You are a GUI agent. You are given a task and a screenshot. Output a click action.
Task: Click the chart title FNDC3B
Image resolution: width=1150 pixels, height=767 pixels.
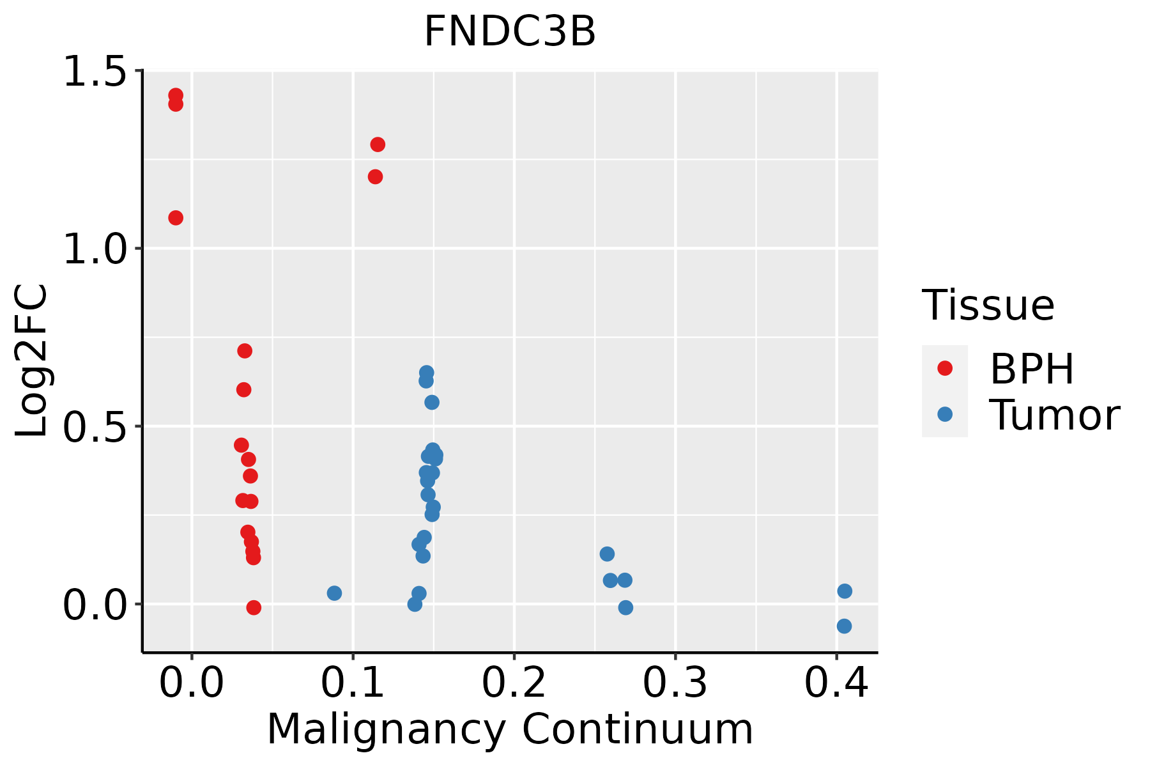(x=510, y=32)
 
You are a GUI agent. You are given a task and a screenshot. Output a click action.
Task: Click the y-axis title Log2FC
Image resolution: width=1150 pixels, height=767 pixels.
(x=32, y=360)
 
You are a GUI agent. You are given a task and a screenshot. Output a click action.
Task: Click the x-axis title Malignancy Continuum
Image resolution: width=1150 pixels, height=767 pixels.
(x=510, y=729)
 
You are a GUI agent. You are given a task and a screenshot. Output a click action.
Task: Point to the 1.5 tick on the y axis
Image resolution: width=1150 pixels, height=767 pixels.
(x=95, y=72)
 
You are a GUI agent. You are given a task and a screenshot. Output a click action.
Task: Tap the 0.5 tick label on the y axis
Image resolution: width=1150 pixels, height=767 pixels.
(x=95, y=426)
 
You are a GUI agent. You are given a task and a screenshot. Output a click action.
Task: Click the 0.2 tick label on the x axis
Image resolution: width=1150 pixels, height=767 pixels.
(x=514, y=683)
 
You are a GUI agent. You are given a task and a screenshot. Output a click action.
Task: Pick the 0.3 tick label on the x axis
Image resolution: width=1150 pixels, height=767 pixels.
(x=675, y=683)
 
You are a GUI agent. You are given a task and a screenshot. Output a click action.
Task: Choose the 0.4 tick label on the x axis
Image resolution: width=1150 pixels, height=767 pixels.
(x=836, y=683)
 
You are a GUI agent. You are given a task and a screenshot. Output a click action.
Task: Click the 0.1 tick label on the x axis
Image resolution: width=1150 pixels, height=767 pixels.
(x=353, y=683)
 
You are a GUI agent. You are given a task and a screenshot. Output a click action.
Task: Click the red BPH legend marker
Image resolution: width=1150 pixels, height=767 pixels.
(x=944, y=368)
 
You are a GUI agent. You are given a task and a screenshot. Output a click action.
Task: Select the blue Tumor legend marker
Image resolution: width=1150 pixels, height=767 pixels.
(x=944, y=414)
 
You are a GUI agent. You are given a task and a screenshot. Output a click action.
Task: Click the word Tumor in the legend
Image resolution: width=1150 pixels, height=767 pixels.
(x=1054, y=415)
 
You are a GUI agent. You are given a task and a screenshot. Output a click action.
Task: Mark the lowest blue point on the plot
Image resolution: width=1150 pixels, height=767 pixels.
(x=844, y=626)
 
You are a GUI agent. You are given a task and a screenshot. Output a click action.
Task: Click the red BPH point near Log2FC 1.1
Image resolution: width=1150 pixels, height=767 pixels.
(x=176, y=218)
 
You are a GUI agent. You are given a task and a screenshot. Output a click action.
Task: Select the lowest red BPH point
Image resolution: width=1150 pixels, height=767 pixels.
(x=254, y=607)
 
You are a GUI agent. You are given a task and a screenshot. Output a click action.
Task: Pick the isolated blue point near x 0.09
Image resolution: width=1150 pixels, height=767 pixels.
(x=334, y=593)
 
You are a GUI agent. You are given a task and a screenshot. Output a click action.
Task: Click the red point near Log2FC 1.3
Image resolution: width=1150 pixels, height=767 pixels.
(x=378, y=144)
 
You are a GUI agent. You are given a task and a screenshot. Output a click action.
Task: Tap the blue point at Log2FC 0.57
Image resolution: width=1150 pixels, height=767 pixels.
(x=432, y=402)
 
